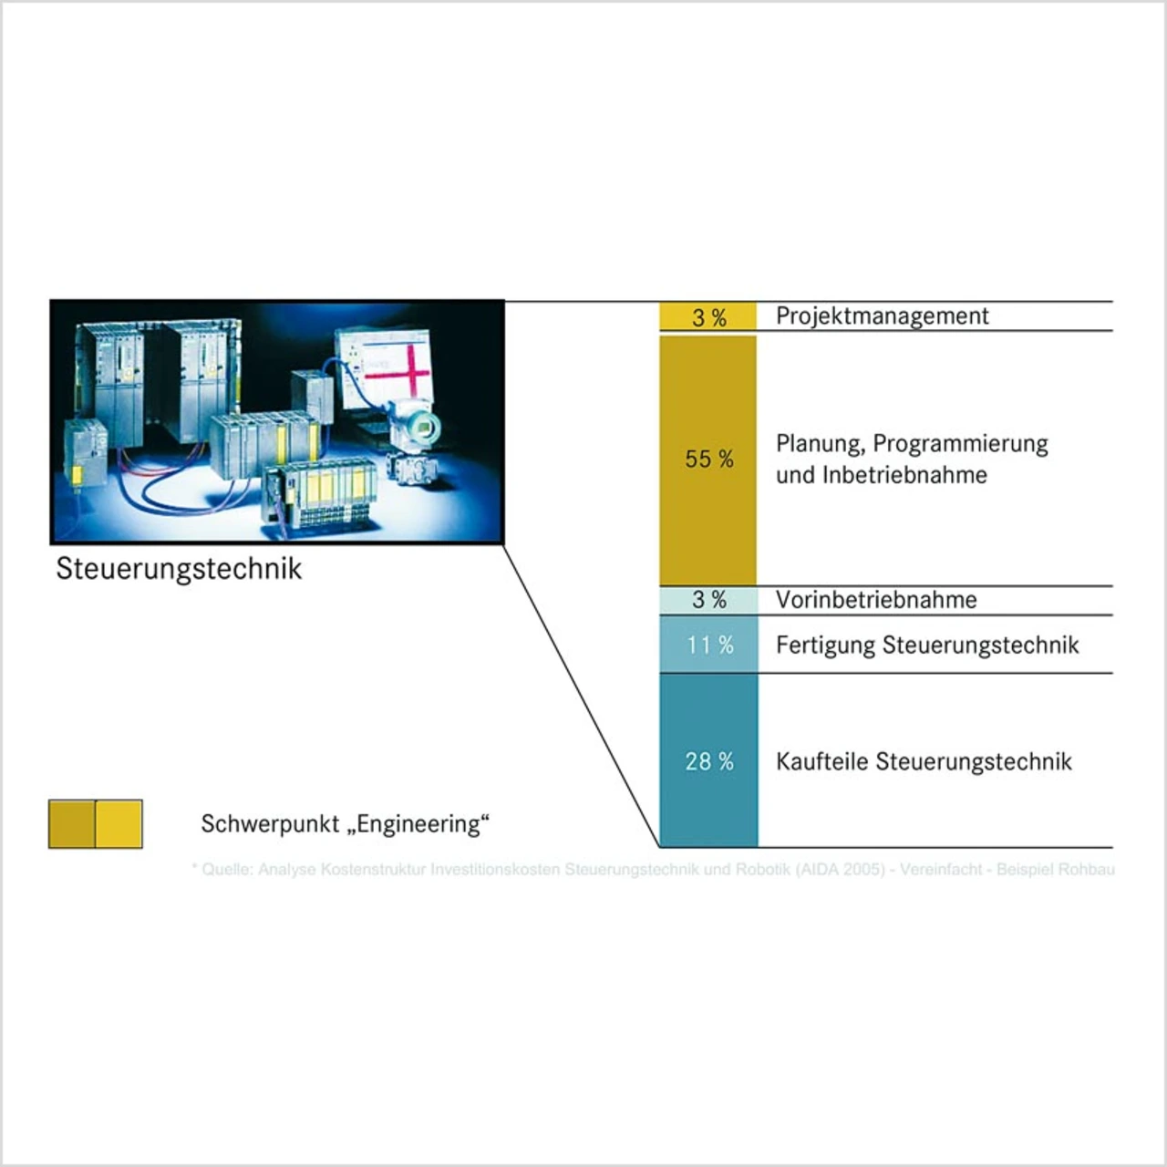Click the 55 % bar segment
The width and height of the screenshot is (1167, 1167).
click(708, 460)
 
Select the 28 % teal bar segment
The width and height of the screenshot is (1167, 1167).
click(708, 761)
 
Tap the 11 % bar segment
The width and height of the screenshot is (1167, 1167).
click(708, 645)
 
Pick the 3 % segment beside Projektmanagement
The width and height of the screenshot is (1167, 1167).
click(708, 316)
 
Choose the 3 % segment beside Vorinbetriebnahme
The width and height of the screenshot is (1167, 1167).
click(708, 600)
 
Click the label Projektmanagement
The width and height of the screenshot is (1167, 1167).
click(882, 316)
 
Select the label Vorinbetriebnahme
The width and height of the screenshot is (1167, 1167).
click(876, 600)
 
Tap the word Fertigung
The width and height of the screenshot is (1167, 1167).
click(825, 645)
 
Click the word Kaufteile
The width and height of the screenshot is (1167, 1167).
click(821, 761)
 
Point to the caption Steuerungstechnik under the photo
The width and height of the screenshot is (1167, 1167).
click(179, 569)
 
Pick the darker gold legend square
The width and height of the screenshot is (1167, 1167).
click(72, 824)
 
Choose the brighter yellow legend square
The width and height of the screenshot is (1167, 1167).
click(119, 824)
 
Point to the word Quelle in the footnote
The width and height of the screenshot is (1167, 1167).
click(227, 870)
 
